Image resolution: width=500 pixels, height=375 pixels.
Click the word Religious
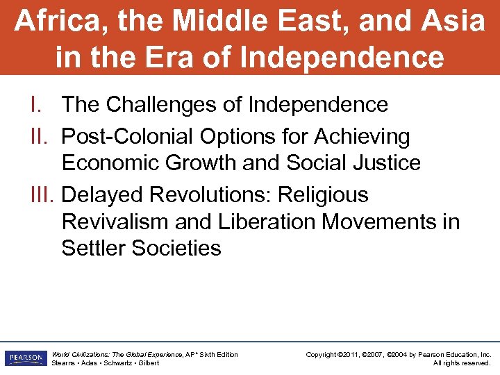[323, 194]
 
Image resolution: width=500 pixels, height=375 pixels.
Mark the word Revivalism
[115, 222]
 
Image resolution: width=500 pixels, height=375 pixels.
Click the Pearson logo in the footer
[24, 358]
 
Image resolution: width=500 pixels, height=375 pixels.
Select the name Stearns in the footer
[64, 362]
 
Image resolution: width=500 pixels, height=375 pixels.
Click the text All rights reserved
[461, 362]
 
